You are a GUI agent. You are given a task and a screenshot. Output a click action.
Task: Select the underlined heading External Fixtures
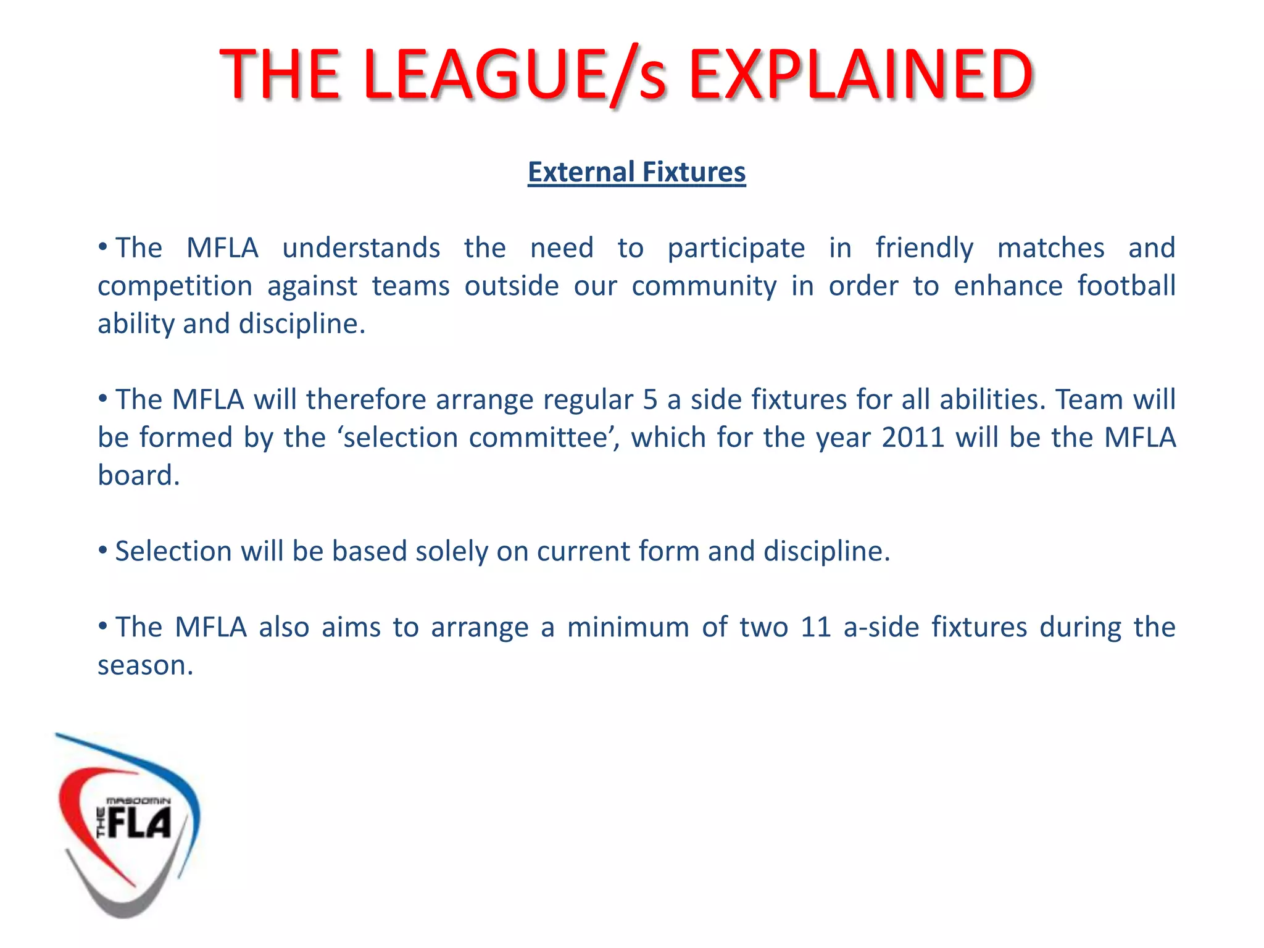[636, 172]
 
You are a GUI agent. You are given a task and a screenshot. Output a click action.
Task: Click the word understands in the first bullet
[361, 248]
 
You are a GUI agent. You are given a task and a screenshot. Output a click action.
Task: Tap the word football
[1126, 286]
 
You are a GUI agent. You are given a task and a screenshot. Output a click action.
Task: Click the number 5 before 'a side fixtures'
[650, 400]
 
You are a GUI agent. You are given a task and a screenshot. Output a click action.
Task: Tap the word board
[138, 476]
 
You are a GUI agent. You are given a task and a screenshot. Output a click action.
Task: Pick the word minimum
[628, 628]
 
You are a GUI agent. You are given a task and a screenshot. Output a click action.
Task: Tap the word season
[145, 666]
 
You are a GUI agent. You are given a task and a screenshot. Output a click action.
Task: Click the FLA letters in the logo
[139, 823]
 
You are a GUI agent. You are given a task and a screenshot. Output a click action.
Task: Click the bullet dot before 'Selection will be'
[103, 549]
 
